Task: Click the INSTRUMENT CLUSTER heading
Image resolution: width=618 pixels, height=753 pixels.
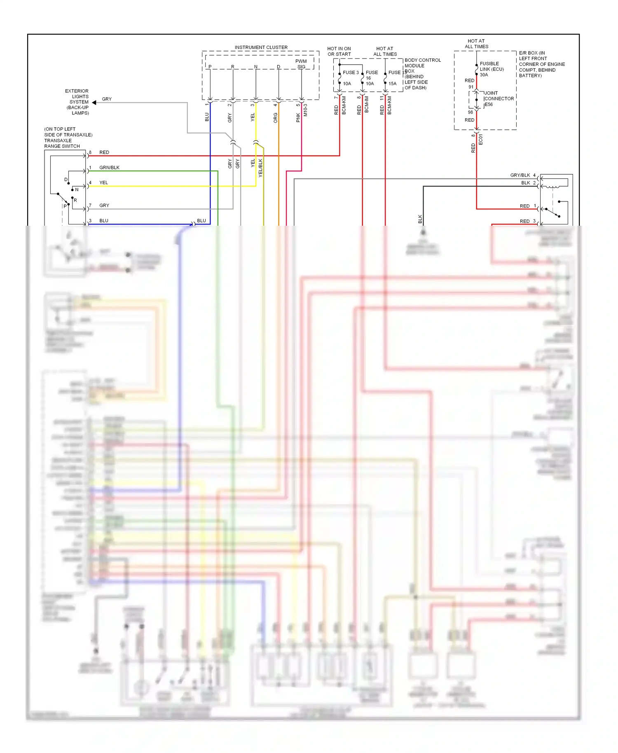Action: click(x=261, y=47)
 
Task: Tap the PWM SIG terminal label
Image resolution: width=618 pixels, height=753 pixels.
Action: click(x=301, y=64)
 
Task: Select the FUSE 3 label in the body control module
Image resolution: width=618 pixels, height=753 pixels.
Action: click(x=351, y=72)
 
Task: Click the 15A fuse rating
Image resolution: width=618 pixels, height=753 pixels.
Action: click(x=392, y=84)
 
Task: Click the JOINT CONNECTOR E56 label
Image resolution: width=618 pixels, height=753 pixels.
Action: click(x=499, y=99)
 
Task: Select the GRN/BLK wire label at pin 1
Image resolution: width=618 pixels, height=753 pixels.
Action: click(x=109, y=168)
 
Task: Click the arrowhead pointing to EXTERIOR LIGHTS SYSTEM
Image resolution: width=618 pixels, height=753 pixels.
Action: click(x=94, y=102)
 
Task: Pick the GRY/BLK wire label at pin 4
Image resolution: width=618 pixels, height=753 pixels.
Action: click(x=520, y=175)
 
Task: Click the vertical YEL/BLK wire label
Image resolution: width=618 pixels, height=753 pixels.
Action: click(x=260, y=168)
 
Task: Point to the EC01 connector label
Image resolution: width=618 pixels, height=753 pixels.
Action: click(x=481, y=140)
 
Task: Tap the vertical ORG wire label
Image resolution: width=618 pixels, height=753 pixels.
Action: click(x=276, y=118)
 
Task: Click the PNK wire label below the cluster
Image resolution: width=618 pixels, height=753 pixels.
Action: click(x=298, y=118)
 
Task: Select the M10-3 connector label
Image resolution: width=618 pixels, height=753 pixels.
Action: click(x=305, y=110)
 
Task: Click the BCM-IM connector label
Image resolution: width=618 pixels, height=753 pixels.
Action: click(x=367, y=105)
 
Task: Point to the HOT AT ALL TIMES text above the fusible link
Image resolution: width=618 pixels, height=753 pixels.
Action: click(x=476, y=44)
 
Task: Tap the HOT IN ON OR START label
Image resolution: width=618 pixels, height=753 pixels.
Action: click(x=339, y=51)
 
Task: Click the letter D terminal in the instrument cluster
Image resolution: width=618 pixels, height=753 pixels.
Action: click(x=279, y=67)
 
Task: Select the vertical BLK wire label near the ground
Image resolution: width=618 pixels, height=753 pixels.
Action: click(x=420, y=219)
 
